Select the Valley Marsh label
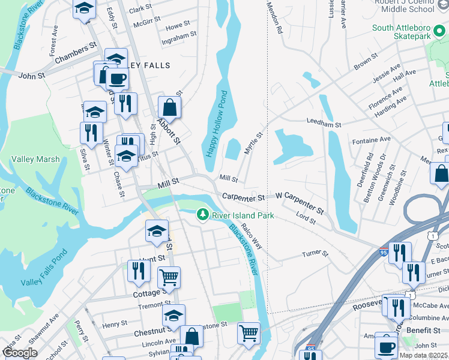tap(35, 159)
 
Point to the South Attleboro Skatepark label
tap(409, 32)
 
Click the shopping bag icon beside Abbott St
tap(170, 108)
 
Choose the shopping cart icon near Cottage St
tap(169, 277)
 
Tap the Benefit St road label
tap(423, 331)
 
